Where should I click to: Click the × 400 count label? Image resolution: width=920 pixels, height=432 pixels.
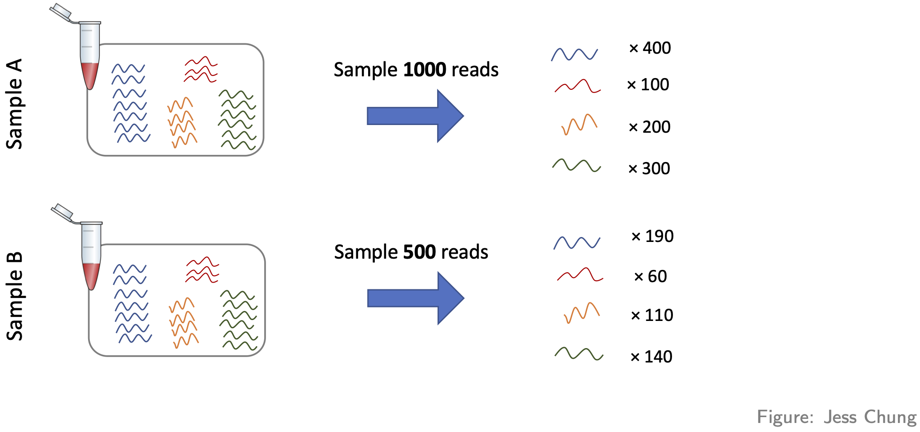click(650, 48)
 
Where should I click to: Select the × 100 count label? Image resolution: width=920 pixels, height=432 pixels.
click(648, 84)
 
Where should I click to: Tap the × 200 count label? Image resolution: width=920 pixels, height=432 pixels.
click(649, 127)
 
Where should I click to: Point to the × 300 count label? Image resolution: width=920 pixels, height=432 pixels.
click(649, 168)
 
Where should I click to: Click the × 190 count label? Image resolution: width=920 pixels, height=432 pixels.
click(652, 236)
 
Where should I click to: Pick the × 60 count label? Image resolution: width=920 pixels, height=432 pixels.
click(650, 276)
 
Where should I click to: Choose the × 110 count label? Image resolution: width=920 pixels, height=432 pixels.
click(652, 315)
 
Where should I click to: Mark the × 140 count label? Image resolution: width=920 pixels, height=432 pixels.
click(651, 357)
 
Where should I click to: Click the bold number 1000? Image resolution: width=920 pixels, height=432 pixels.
click(425, 70)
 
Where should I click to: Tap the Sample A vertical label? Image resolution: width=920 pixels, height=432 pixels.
click(14, 104)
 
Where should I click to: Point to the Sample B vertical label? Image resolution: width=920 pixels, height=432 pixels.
click(14, 296)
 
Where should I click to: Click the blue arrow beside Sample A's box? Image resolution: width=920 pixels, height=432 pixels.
click(415, 116)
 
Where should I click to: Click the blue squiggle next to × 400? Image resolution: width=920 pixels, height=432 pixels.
click(574, 54)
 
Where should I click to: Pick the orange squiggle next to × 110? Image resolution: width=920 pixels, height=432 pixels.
click(582, 312)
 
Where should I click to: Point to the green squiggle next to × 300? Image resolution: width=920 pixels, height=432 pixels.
click(576, 165)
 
